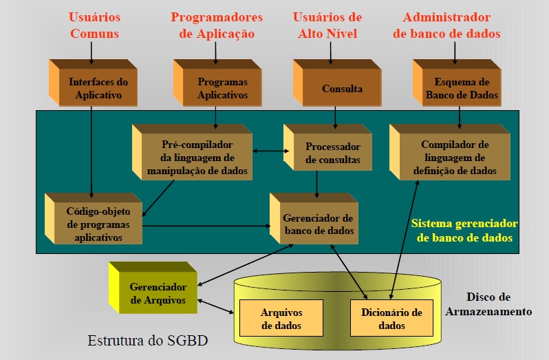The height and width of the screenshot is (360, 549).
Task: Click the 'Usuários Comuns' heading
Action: [94, 25]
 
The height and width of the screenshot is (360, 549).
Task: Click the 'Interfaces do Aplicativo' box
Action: [99, 89]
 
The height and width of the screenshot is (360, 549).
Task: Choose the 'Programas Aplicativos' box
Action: [222, 89]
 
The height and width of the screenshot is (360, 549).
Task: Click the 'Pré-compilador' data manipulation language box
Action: [197, 158]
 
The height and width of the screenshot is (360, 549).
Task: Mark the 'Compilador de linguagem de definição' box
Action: [454, 158]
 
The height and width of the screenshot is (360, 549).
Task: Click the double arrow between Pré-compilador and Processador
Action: [269, 151]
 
